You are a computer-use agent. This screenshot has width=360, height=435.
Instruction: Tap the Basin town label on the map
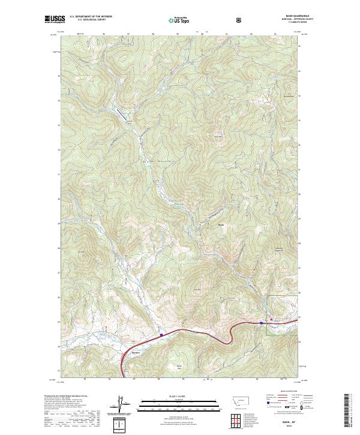click(x=221, y=225)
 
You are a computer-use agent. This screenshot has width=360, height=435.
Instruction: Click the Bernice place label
click(x=136, y=352)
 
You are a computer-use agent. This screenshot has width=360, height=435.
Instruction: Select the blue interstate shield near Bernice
click(x=161, y=335)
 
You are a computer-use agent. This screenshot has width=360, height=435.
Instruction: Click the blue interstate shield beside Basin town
click(x=262, y=323)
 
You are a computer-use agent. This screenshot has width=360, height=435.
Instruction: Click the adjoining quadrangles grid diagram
click(x=234, y=419)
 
